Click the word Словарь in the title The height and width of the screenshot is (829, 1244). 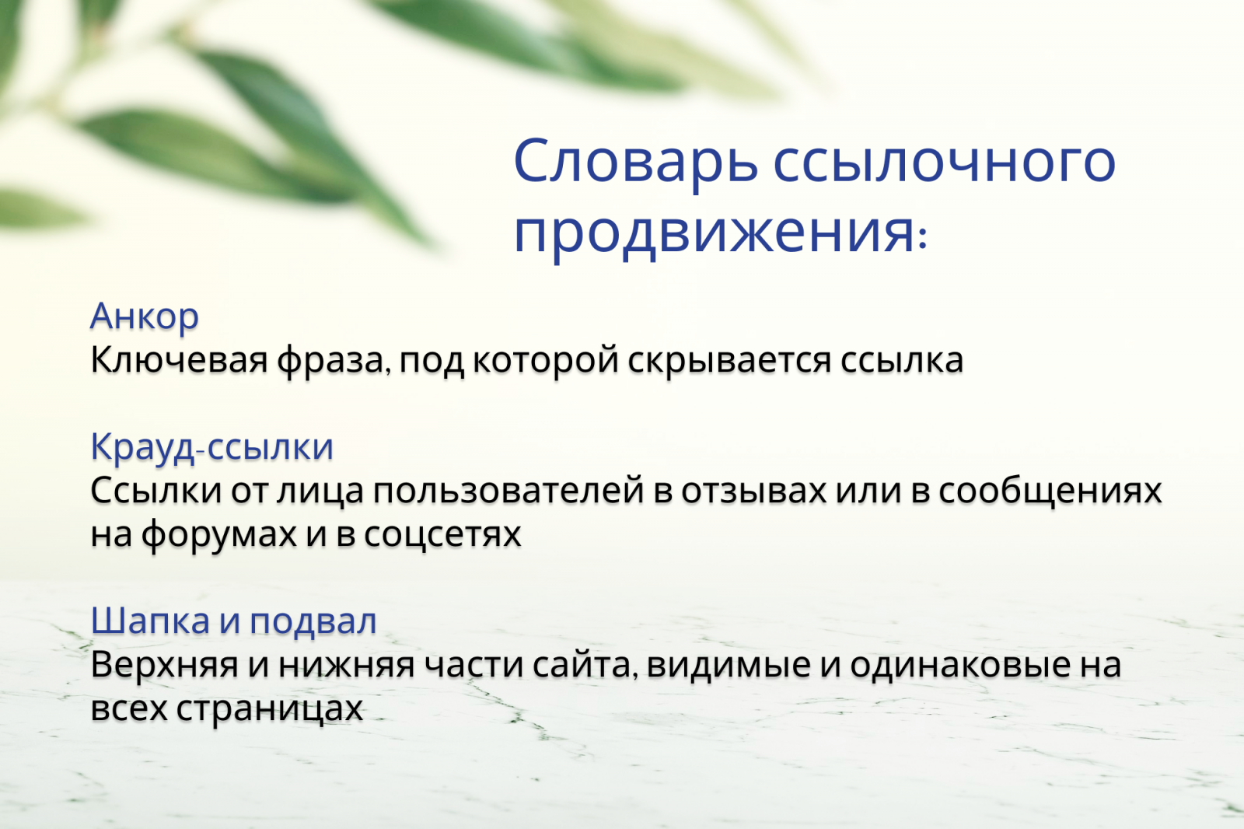point(635,161)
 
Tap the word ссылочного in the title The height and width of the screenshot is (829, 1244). point(944,161)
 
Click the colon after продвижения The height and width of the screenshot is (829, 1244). point(923,238)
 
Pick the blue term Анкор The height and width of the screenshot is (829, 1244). point(145,317)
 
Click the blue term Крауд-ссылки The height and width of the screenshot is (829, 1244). point(211,447)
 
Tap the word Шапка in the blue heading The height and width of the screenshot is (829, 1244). point(150,621)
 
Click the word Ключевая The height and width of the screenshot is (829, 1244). point(179,360)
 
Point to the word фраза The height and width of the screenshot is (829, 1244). point(330,360)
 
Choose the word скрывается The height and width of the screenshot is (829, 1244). point(729,360)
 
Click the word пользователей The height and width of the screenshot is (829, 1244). point(508,491)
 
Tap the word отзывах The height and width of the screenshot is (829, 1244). point(753,491)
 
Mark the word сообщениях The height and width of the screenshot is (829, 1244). point(1050,491)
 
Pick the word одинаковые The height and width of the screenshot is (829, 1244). point(959,665)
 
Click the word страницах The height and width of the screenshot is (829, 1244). point(269,708)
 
